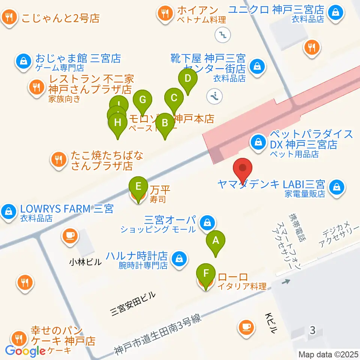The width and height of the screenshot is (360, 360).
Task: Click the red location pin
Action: click(243, 171)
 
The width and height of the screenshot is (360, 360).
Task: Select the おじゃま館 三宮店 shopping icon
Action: click(24, 60)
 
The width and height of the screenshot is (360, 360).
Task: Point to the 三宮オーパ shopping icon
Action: click(206, 223)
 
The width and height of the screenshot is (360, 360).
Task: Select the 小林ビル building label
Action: click(85, 262)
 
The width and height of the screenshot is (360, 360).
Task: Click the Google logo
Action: click(25, 351)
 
